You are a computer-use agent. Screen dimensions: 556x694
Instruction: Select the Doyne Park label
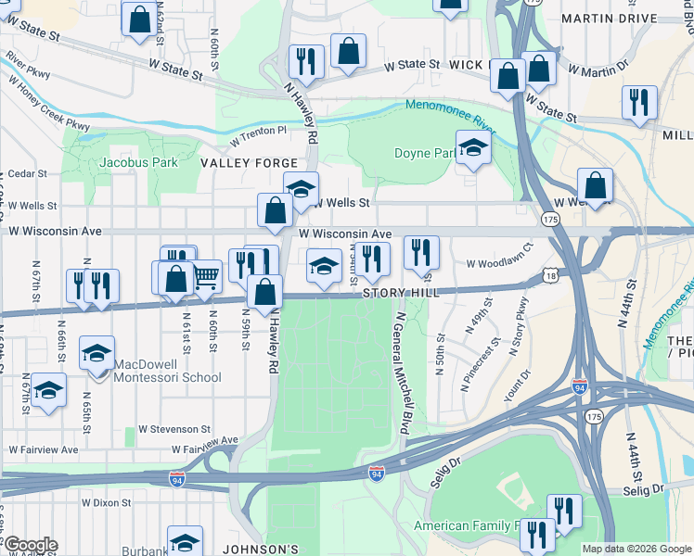pyautogui.click(x=424, y=153)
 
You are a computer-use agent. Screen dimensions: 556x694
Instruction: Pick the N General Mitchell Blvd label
pyautogui.click(x=404, y=371)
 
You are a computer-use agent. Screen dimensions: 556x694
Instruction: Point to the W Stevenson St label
pyautogui.click(x=175, y=429)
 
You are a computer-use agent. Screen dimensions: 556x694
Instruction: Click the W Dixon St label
pyautogui.click(x=106, y=502)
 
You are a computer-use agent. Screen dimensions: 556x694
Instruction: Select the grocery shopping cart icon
pyautogui.click(x=206, y=274)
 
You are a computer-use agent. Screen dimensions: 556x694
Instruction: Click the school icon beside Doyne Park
pyautogui.click(x=473, y=148)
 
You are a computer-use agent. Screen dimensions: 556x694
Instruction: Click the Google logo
pyautogui.click(x=30, y=545)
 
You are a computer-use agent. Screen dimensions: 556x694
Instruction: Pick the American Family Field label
pyautogui.click(x=469, y=526)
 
